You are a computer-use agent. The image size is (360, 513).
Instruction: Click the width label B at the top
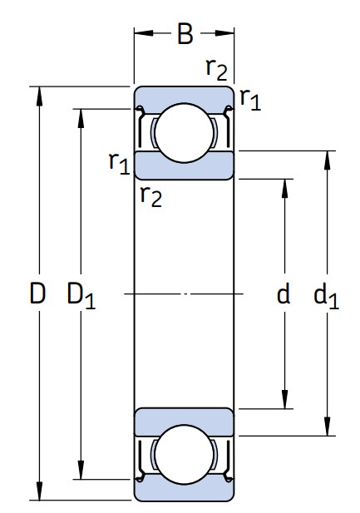(x=185, y=33)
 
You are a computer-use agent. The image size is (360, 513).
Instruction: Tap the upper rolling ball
(x=185, y=133)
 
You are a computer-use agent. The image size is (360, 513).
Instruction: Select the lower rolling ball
(x=185, y=455)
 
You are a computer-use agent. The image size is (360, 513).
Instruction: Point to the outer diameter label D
(x=37, y=293)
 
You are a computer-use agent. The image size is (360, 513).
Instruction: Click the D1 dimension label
(x=81, y=295)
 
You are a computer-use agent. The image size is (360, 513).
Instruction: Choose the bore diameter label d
(x=284, y=293)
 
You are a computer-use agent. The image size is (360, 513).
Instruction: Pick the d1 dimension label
(x=326, y=295)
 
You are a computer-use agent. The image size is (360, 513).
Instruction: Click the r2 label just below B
(x=216, y=69)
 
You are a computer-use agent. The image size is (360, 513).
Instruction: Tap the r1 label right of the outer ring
(x=250, y=99)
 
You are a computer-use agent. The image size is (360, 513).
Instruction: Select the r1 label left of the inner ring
(x=120, y=163)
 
